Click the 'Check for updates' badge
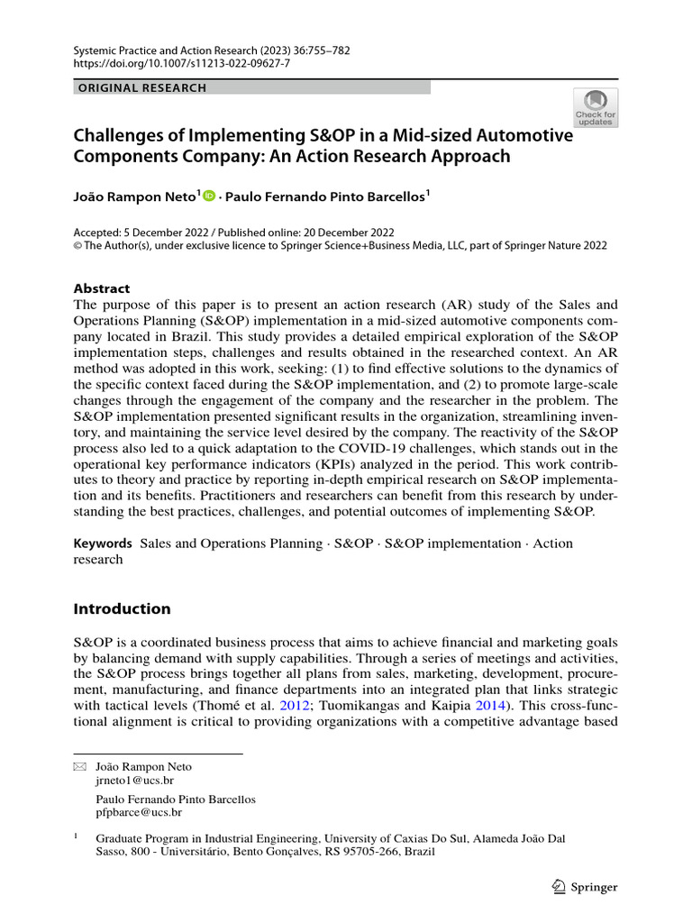596,108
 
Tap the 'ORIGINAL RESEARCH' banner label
142,87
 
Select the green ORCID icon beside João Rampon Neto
210,194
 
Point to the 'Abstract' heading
101,288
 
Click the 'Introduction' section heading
122,608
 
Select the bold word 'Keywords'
103,544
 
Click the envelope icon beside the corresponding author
80,767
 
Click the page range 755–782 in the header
323,50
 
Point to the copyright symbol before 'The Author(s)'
77,245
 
